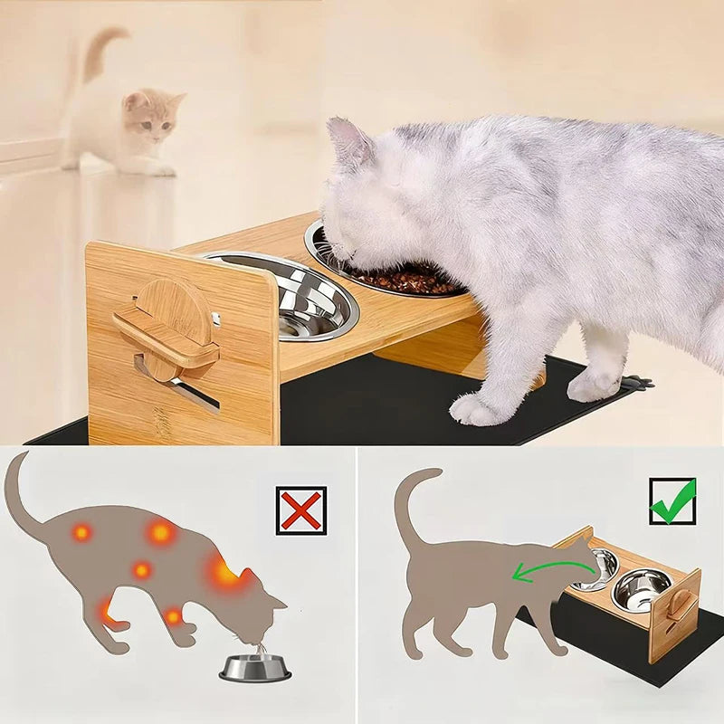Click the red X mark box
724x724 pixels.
[x=301, y=510]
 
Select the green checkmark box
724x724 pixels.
[x=672, y=501]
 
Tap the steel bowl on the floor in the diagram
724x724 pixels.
[x=255, y=668]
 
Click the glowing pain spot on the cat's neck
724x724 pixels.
[x=224, y=572]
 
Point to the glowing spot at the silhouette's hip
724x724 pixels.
[x=81, y=532]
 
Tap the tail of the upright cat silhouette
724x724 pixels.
[x=407, y=507]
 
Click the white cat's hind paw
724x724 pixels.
[x=593, y=385]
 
